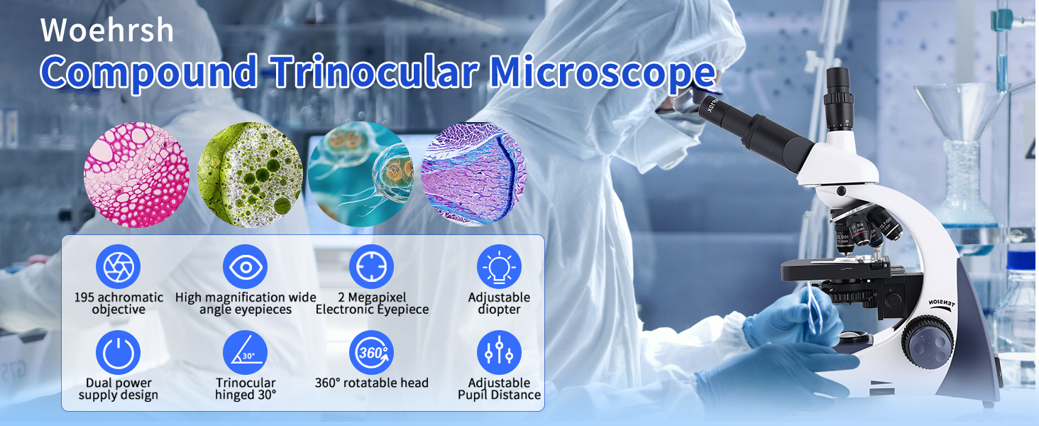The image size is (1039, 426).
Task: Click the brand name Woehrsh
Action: coord(107,30)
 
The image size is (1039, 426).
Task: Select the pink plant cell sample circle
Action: coord(136,175)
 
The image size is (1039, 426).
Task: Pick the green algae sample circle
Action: coord(250,175)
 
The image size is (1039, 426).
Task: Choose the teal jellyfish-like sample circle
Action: coord(361,175)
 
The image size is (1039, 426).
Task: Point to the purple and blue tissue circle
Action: coord(473,175)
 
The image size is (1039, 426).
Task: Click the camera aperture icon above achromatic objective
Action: coord(119,266)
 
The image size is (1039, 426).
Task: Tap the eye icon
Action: coord(246,266)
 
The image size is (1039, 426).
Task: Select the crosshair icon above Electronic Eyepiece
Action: coord(372,266)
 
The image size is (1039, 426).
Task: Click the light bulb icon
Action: coord(499,266)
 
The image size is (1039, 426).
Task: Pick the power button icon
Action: coord(119,353)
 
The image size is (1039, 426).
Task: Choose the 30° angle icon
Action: coord(246,353)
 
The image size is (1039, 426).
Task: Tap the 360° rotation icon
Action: coord(372,353)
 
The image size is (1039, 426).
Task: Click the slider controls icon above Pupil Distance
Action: coord(499,353)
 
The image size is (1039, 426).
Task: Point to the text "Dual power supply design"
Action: coord(119,389)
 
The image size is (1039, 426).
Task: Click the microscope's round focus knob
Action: coord(928,342)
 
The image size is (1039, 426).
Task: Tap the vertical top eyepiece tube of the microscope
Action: coord(839,99)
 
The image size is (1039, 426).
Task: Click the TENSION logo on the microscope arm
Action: coord(942,304)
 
